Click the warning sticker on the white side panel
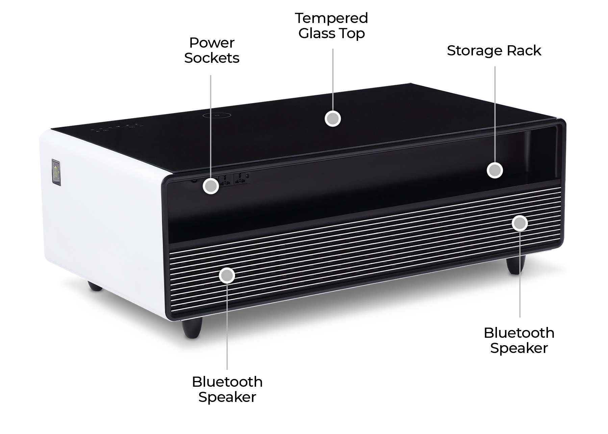point(56,173)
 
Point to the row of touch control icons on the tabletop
point(117,128)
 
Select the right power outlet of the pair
point(240,179)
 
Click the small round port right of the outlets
point(248,175)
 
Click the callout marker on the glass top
point(333,119)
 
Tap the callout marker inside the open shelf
point(495,170)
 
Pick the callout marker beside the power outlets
point(211,186)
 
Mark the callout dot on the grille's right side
point(520,223)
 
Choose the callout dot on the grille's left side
point(227,276)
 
